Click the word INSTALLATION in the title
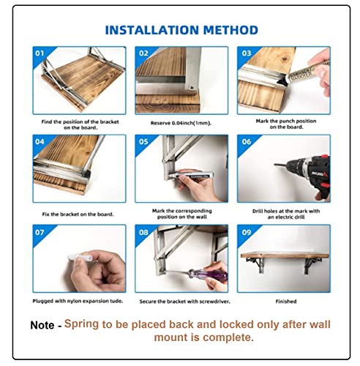151,30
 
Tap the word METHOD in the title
230,30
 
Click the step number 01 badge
40,53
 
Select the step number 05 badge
143,141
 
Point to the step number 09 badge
247,232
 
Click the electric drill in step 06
305,174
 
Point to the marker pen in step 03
302,72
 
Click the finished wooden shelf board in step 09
285,255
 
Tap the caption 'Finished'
286,302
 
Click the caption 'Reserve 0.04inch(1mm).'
181,123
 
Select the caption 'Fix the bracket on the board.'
78,214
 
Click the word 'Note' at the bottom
42,325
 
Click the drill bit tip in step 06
275,165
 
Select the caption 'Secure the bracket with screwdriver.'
184,302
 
